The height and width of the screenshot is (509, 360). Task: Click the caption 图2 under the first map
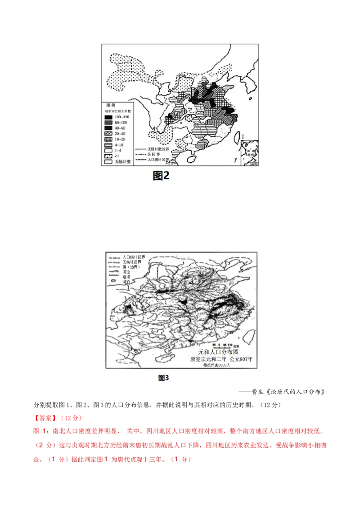tap(161, 175)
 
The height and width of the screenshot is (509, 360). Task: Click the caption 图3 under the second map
tap(163, 378)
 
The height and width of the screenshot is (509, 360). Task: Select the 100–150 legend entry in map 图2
tap(117, 117)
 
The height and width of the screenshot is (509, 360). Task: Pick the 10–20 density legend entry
tap(117, 140)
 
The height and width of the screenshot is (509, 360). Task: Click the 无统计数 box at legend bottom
tap(108, 162)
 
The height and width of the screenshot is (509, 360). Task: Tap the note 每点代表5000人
tap(217, 366)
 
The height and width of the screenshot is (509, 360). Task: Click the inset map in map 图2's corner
tap(249, 153)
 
